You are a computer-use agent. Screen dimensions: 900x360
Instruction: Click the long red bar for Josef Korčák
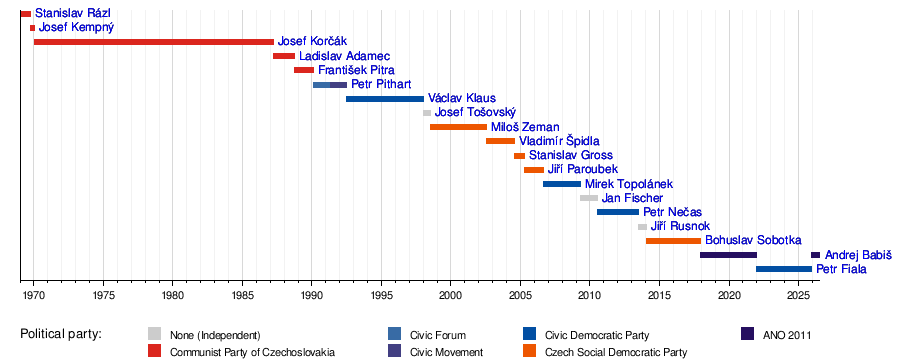[x=154, y=41]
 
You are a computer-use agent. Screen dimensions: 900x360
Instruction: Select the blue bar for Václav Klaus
[x=385, y=99]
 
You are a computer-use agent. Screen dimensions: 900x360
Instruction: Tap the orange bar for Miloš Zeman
[x=458, y=127]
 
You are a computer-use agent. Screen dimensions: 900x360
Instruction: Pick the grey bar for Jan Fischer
[x=589, y=198]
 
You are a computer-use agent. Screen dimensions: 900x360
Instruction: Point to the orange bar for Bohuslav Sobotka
[x=673, y=241]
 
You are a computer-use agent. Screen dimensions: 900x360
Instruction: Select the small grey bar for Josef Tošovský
[x=427, y=113]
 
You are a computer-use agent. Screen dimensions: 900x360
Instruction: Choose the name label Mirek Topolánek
[x=629, y=184]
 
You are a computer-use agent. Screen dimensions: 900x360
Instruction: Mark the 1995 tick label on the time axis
[x=381, y=294]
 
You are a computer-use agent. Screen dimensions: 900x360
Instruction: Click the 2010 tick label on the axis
[x=589, y=294]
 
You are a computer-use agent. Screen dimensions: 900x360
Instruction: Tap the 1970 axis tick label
[x=34, y=294]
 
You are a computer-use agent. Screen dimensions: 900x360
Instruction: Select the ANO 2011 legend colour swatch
[x=747, y=334]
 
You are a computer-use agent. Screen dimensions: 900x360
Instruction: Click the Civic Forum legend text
[x=437, y=335]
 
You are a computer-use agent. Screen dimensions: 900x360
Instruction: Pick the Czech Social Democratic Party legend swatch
[x=530, y=351]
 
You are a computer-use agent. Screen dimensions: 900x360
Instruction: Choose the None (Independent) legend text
[x=215, y=335]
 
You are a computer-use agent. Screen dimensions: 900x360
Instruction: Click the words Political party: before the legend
[x=61, y=334]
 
